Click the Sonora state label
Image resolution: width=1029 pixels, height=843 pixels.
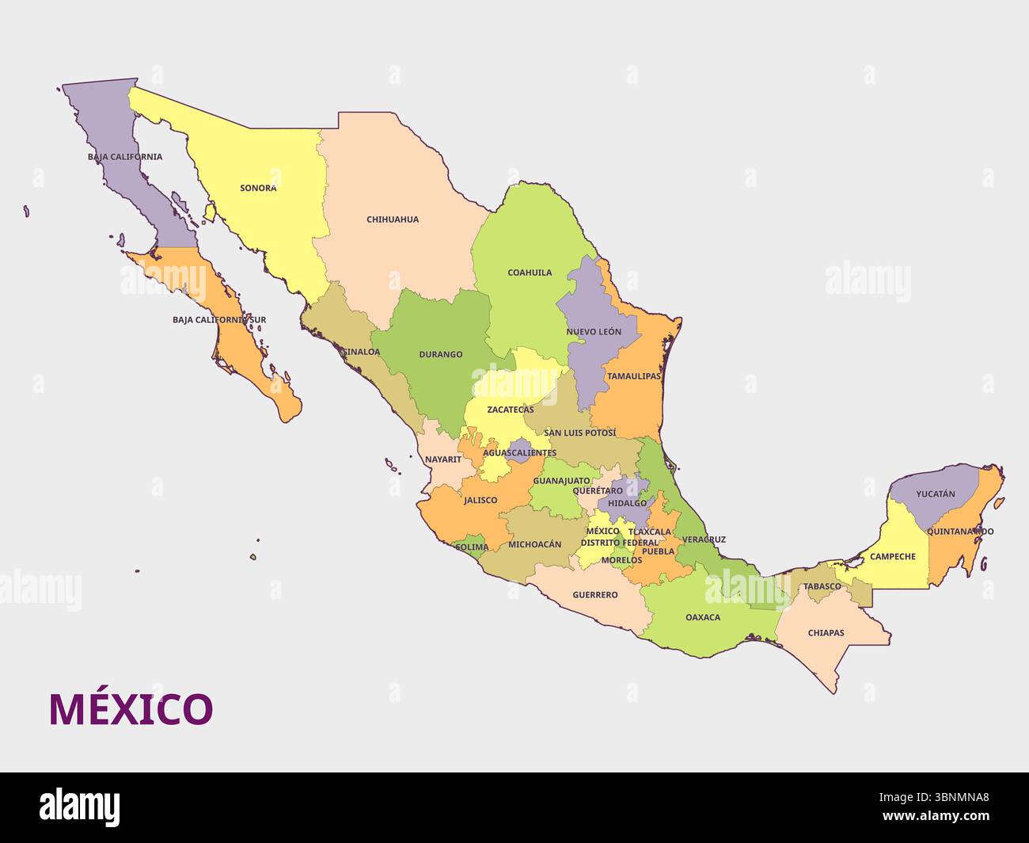coord(258,189)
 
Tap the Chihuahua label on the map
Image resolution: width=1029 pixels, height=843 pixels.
coord(393,219)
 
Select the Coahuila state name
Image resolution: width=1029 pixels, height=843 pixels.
coord(530,273)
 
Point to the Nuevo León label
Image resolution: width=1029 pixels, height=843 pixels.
coord(594,332)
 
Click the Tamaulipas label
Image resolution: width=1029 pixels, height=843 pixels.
coord(633,376)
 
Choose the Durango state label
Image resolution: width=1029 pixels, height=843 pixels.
coord(441,355)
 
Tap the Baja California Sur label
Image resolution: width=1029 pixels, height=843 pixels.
coord(219,320)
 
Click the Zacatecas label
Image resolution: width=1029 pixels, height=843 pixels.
coord(510,410)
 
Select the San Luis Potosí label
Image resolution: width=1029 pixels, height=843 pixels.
coord(579,433)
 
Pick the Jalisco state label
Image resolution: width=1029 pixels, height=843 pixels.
coord(480,500)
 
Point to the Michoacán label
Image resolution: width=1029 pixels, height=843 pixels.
coord(534,544)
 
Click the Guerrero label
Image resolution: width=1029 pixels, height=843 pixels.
coord(594,594)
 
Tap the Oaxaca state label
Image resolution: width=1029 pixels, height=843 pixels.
coord(703,617)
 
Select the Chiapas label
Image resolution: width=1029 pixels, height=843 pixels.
coord(826,633)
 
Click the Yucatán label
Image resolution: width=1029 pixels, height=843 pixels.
coord(935,494)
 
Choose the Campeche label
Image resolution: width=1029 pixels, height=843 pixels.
coord(892,556)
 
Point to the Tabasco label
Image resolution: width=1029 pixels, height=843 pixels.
coord(822,586)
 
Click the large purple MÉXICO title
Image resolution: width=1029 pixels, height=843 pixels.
coord(131,709)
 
